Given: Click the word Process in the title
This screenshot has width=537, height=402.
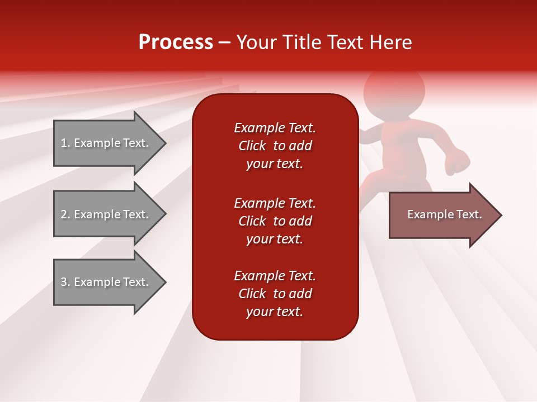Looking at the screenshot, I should pyautogui.click(x=176, y=42).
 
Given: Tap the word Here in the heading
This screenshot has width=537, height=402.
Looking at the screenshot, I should pyautogui.click(x=389, y=42).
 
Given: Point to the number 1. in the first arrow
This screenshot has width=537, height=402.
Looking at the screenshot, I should pyautogui.click(x=65, y=143).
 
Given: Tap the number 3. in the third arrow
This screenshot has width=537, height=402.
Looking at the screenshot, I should pyautogui.click(x=65, y=283).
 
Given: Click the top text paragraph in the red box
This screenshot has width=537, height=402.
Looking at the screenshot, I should pyautogui.click(x=275, y=146).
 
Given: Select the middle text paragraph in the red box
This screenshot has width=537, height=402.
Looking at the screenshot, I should pyautogui.click(x=275, y=221).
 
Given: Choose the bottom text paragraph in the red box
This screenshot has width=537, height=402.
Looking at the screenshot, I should pyautogui.click(x=275, y=294).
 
